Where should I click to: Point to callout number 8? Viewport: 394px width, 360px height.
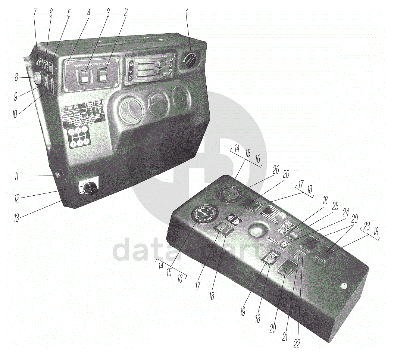coord(16,78)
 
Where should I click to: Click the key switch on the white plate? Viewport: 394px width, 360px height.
coord(90,189)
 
